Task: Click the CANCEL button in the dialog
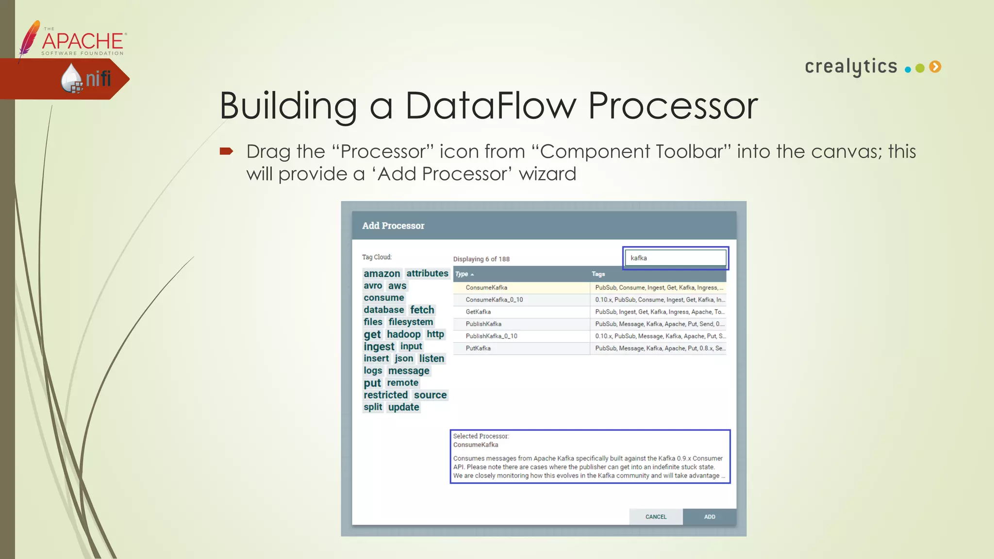656,517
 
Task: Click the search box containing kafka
675,258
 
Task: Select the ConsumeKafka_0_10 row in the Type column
494,300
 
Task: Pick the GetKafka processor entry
478,312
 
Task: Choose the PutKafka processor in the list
478,348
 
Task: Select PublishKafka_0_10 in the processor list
491,336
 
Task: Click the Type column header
462,274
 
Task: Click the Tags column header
598,274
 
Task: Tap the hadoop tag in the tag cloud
403,334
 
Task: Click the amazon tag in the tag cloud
382,274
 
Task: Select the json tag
404,359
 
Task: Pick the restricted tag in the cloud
385,395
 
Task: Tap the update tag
403,407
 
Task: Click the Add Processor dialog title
393,226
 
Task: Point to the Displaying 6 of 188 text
481,259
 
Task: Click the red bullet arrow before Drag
226,151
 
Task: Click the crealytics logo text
851,66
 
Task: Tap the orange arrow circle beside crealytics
935,67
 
